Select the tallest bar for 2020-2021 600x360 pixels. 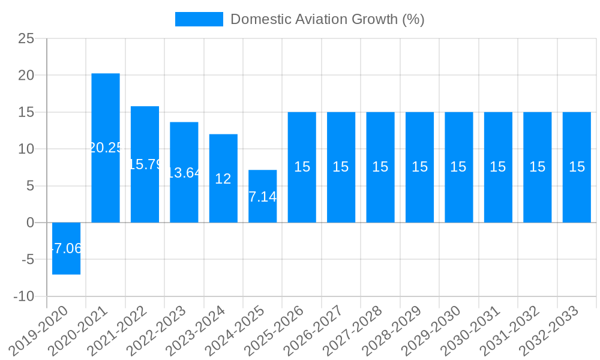click(106, 120)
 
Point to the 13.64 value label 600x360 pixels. click(184, 173)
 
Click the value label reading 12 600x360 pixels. click(223, 179)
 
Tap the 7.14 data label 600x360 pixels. click(262, 197)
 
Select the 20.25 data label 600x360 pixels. click(106, 148)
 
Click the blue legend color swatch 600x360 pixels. click(199, 19)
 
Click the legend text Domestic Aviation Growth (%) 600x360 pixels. click(327, 19)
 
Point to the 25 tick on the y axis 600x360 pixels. click(26, 38)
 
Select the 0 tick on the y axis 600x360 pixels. click(31, 223)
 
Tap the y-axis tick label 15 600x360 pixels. click(26, 112)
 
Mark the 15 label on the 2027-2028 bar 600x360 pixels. click(380, 167)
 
